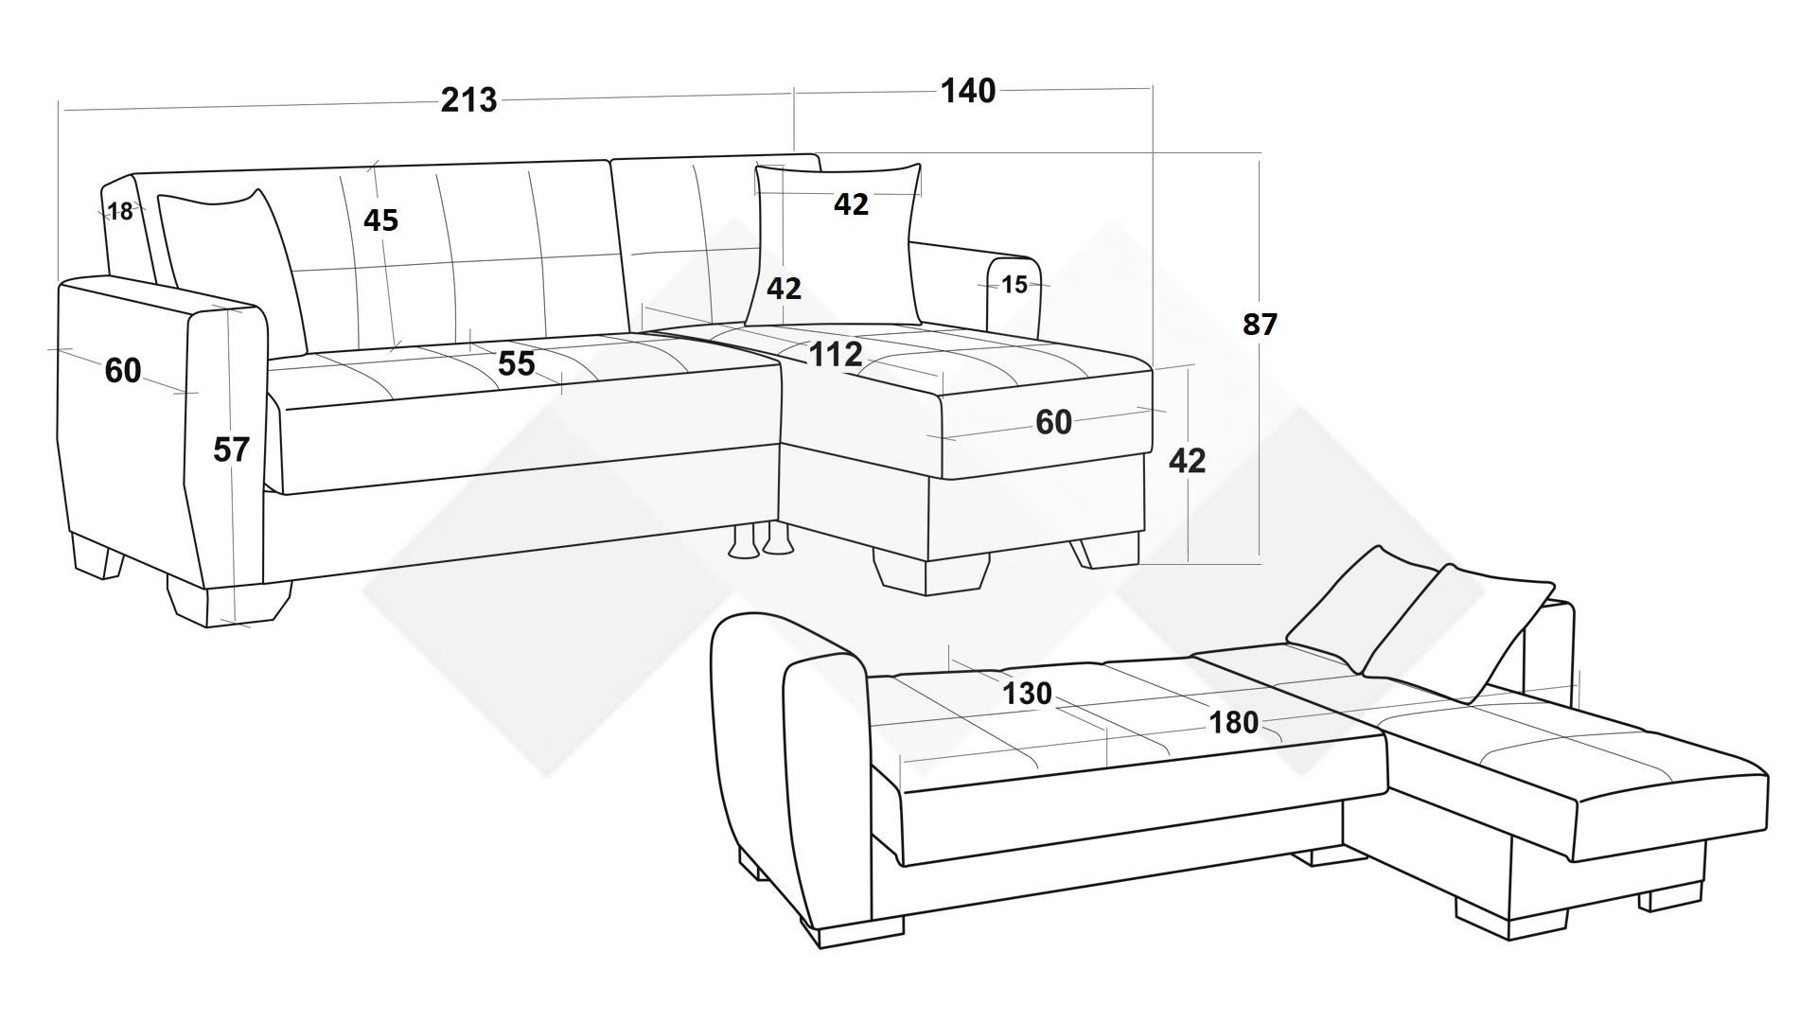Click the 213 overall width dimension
[x=468, y=99]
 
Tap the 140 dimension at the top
[x=967, y=91]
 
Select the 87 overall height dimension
[x=1260, y=325]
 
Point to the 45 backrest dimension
[x=380, y=220]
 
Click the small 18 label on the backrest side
[x=120, y=212]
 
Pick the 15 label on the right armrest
[x=1014, y=285]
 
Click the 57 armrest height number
[x=231, y=449]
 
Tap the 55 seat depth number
[x=516, y=363]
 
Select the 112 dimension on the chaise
[x=836, y=354]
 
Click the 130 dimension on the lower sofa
[x=1027, y=694]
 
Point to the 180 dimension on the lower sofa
[x=1234, y=723]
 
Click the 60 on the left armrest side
[x=123, y=371]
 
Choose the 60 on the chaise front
[x=1053, y=422]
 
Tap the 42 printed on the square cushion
[x=851, y=203]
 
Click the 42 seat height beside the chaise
[x=1187, y=461]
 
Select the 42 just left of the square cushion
[x=784, y=288]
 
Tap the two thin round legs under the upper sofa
[x=761, y=540]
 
